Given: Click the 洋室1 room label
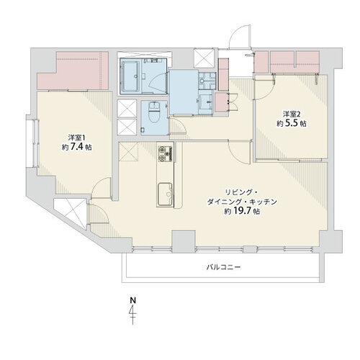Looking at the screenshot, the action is [x=77, y=138].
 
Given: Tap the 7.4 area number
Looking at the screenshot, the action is [x=77, y=147].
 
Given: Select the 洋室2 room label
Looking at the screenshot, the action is [x=292, y=113].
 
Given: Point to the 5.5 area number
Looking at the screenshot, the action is [x=292, y=123].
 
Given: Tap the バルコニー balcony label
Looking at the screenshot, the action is [x=223, y=267].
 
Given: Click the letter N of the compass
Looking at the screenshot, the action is [x=132, y=300].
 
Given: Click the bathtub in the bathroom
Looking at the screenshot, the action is [x=130, y=76].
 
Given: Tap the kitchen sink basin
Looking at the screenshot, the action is [x=165, y=194].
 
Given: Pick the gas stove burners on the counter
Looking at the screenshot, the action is [x=166, y=153].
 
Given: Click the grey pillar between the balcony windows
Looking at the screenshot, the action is [x=184, y=241].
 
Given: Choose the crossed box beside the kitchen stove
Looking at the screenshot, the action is [x=128, y=151].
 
